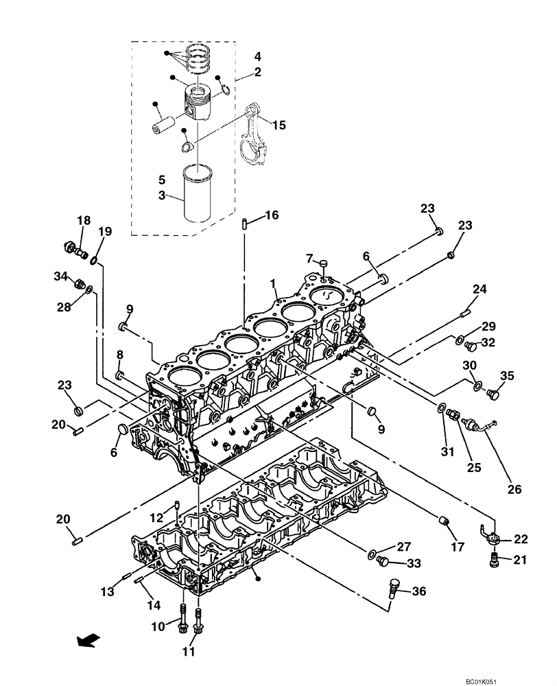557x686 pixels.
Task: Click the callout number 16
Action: click(272, 215)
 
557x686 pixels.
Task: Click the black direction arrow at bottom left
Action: click(86, 641)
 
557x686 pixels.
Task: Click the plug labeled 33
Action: click(384, 562)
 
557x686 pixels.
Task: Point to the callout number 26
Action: click(514, 489)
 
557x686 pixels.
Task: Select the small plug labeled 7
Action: click(324, 262)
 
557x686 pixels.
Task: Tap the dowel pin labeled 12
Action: click(177, 507)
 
